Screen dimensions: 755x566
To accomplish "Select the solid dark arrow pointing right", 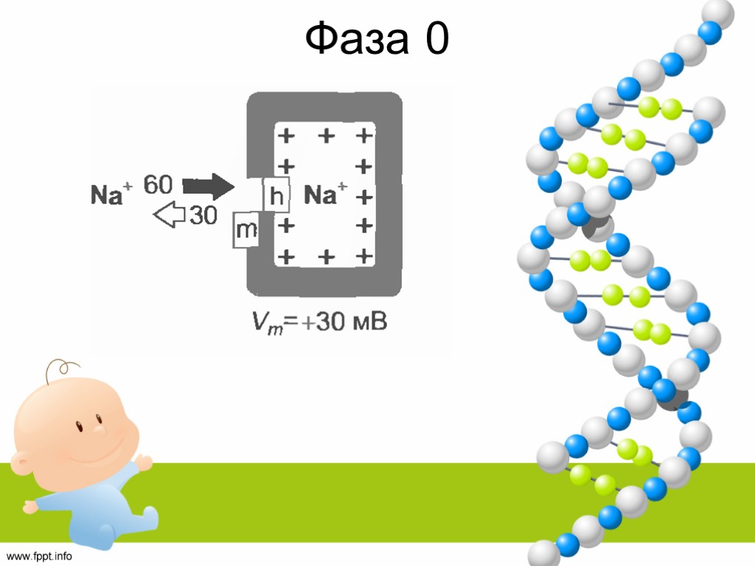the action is (209, 186).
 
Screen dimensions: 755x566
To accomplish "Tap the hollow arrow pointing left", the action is (169, 216).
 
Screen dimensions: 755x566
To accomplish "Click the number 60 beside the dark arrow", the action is (158, 184).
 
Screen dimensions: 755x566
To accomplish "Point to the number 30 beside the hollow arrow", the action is (203, 216).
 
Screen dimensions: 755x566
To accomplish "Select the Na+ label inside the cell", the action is (326, 195).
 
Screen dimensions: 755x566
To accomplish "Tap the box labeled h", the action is (276, 196).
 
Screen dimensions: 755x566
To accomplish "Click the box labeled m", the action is (246, 231).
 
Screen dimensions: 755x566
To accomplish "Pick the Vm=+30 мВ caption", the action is (317, 323).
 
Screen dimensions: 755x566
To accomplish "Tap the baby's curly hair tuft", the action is (60, 368).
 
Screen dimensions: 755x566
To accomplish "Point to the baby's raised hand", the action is (142, 463).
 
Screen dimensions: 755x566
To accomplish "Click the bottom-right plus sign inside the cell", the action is (362, 256).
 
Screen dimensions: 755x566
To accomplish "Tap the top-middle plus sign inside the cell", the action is (325, 136).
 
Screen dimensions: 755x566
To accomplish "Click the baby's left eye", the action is (76, 426).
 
